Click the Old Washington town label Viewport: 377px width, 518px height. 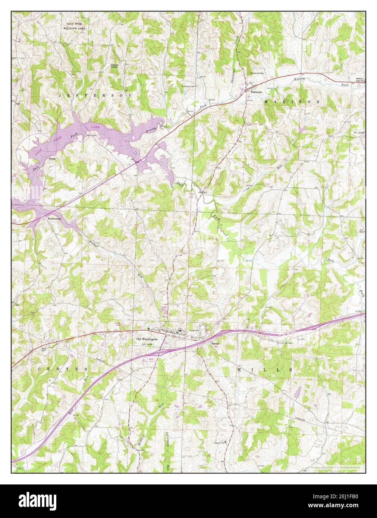[x=147, y=339]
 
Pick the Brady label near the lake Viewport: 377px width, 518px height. [x=53, y=159]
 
